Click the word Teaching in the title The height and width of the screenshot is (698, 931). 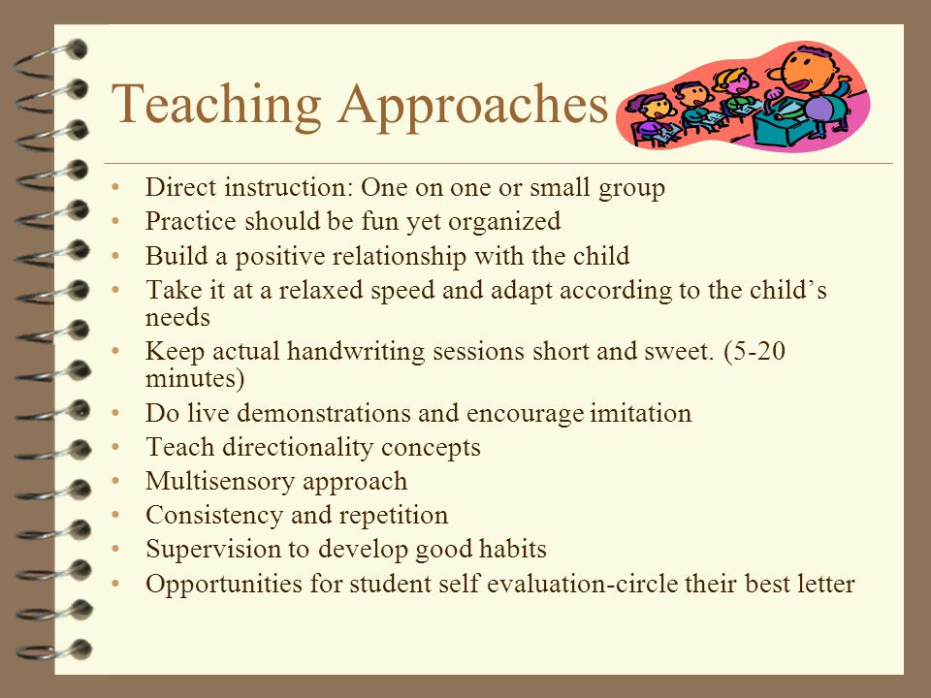(x=216, y=105)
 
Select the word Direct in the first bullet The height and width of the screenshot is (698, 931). (x=180, y=187)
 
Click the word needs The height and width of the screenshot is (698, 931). (x=177, y=318)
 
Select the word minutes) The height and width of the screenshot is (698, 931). (x=195, y=379)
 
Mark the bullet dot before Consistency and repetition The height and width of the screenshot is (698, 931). (x=115, y=515)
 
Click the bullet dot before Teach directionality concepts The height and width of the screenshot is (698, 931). (x=115, y=447)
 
